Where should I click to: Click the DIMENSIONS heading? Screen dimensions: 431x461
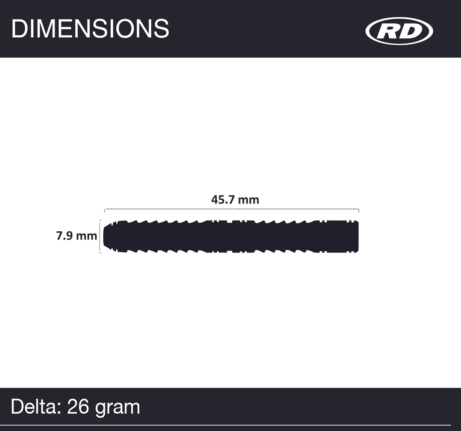90,28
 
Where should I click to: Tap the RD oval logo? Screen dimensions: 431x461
399,31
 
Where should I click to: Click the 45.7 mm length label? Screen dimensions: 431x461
235,200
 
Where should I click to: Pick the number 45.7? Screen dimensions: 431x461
224,200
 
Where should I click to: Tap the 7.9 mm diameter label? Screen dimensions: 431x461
76,236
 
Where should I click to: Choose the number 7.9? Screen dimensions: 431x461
65,236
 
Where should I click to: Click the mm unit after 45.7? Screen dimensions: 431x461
249,200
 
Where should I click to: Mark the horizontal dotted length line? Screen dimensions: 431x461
232,209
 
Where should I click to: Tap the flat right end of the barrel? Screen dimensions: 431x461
357,236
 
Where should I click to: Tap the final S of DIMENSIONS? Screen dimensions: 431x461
161,28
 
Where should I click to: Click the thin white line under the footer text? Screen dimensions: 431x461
230,425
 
